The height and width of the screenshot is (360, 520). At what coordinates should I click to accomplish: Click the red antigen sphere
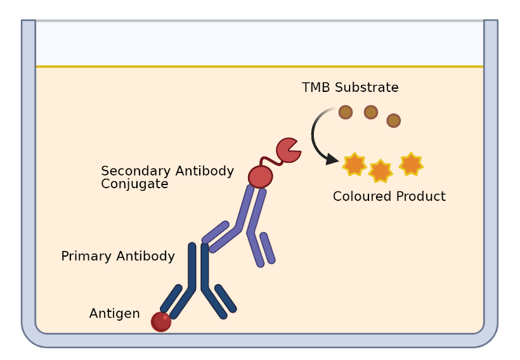pyautogui.click(x=161, y=321)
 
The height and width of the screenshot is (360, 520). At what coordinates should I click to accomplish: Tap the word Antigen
pyautogui.click(x=114, y=314)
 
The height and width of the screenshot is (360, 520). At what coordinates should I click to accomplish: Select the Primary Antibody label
pyautogui.click(x=118, y=257)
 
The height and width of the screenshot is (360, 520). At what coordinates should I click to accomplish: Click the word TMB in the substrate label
pyautogui.click(x=316, y=87)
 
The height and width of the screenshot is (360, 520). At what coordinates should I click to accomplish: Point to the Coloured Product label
pyautogui.click(x=389, y=196)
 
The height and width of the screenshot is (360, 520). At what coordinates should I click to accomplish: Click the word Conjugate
pyautogui.click(x=134, y=184)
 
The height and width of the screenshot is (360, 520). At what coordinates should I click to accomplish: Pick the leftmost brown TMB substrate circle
pyautogui.click(x=346, y=112)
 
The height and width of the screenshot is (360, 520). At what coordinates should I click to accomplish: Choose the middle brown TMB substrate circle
pyautogui.click(x=371, y=112)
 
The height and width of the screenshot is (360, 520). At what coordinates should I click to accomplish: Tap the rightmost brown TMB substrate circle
pyautogui.click(x=393, y=120)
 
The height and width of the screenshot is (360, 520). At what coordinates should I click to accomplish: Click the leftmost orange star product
pyautogui.click(x=354, y=164)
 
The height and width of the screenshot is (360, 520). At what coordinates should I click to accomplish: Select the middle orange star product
pyautogui.click(x=380, y=171)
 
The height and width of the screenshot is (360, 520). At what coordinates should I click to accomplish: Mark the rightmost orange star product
pyautogui.click(x=411, y=164)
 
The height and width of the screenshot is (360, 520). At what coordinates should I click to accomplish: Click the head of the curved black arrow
pyautogui.click(x=331, y=159)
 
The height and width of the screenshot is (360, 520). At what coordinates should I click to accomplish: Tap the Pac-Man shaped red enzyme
pyautogui.click(x=287, y=150)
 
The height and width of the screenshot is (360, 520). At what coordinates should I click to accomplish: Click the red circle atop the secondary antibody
pyautogui.click(x=260, y=176)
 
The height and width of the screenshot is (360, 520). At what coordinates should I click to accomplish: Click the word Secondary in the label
pyautogui.click(x=131, y=171)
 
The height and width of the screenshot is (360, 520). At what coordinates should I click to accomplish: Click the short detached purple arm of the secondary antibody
pyautogui.click(x=268, y=248)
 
